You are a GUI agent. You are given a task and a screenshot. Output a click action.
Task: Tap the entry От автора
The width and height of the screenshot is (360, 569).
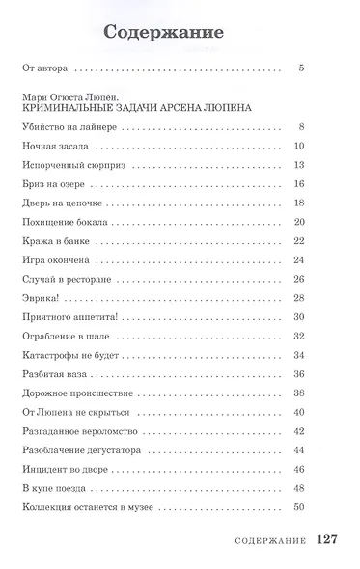tap(45, 69)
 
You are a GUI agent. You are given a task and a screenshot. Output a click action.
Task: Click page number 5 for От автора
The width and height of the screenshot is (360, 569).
tap(302, 69)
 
